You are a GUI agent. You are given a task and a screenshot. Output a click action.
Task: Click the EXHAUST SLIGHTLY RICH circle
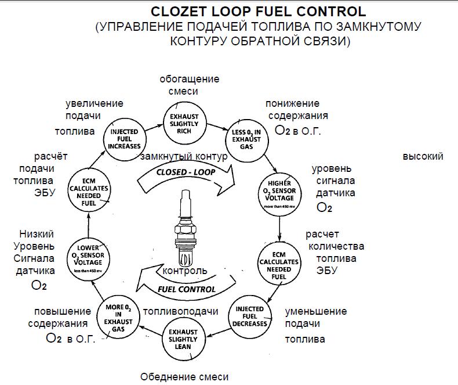point(184,123)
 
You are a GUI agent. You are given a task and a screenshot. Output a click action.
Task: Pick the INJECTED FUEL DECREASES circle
point(253,315)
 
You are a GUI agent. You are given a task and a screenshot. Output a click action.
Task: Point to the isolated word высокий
point(423,156)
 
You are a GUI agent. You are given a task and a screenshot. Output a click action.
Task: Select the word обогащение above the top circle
point(190,79)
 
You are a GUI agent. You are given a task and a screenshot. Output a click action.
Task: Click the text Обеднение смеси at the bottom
point(184,377)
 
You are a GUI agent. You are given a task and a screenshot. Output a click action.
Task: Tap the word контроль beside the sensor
point(185,271)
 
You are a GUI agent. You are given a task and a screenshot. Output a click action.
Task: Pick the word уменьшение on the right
point(316,312)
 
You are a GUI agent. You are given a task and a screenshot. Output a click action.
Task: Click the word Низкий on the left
point(37,234)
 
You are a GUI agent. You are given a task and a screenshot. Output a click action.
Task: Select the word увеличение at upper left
point(94,103)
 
